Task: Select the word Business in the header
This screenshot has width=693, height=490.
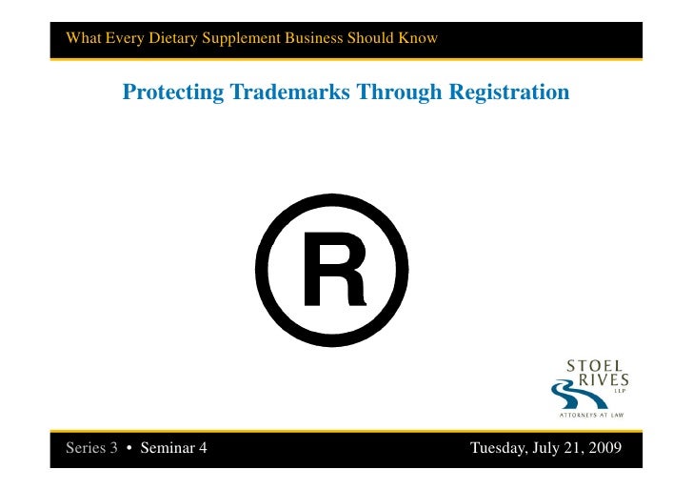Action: click(317, 39)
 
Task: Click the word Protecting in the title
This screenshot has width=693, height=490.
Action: click(172, 92)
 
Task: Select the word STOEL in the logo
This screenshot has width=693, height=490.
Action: click(595, 366)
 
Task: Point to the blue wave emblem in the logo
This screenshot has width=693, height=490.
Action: click(568, 391)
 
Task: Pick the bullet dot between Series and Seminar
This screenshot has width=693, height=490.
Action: click(129, 448)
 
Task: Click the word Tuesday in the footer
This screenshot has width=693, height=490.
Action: click(499, 448)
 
